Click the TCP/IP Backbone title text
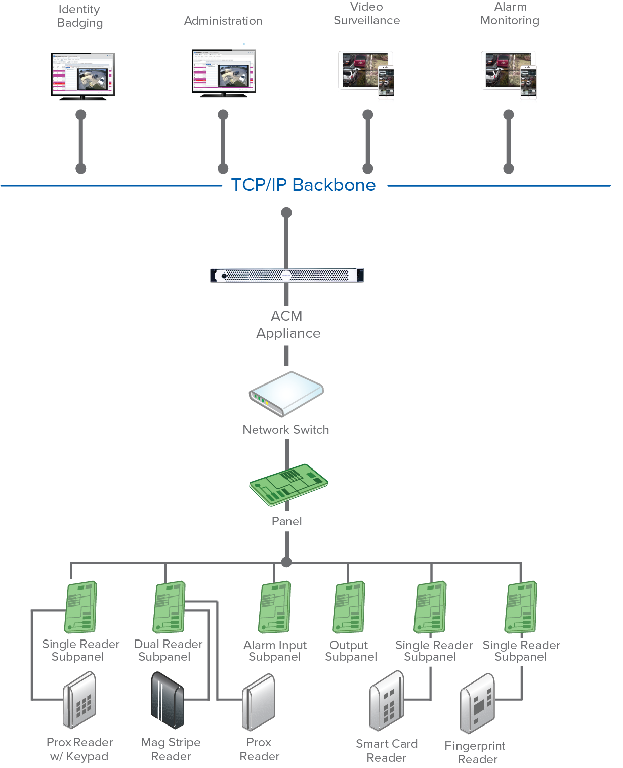point(303,185)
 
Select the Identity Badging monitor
point(83,75)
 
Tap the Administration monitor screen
point(224,72)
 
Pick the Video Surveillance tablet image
point(365,73)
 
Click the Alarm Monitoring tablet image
point(508,73)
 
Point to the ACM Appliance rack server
point(287,275)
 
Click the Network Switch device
point(286,394)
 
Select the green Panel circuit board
point(288,485)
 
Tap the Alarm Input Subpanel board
point(275,607)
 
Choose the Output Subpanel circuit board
point(349,607)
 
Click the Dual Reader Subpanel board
point(170,607)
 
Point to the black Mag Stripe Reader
point(168,700)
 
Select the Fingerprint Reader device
point(477,703)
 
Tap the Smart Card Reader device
point(387,701)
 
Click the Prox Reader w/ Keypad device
point(79,700)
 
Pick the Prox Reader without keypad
point(259,702)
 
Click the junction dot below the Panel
point(286,562)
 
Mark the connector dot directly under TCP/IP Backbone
point(286,212)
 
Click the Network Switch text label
point(286,430)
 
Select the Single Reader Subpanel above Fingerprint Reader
point(521,607)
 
